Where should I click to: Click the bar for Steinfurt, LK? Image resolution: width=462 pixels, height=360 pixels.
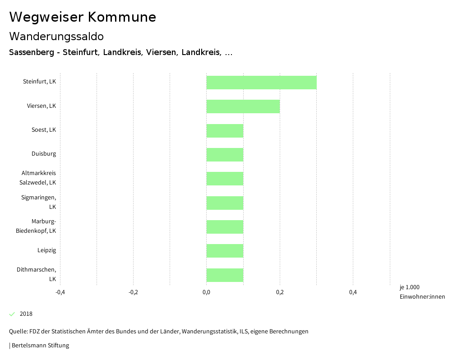(261, 83)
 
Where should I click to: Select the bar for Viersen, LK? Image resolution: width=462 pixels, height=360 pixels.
(243, 106)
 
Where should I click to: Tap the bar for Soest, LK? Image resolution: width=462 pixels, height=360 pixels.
(225, 131)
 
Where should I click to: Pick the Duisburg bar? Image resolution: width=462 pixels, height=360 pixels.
(225, 155)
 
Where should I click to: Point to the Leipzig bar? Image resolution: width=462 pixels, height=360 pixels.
(225, 251)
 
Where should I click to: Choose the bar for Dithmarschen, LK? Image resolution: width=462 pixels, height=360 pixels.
(225, 275)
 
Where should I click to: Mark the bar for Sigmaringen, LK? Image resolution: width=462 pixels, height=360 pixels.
(225, 203)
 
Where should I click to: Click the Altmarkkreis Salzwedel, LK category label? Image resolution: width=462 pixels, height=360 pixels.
(39, 178)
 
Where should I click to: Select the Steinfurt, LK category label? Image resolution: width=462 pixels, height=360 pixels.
(40, 82)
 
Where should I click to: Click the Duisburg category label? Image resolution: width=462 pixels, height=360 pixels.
(44, 154)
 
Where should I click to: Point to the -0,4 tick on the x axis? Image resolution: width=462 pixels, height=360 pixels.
(60, 292)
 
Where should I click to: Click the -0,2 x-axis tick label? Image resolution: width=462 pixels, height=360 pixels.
(133, 292)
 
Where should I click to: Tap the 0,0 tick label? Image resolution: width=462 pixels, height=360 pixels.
(206, 292)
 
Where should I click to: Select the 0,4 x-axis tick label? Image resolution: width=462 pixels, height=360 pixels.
(353, 292)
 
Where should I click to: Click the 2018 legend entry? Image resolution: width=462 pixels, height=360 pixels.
(26, 314)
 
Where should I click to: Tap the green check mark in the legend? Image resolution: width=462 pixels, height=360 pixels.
(12, 314)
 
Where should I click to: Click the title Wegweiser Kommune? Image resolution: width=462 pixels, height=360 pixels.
(83, 17)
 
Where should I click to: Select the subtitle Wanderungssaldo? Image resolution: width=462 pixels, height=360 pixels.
(56, 36)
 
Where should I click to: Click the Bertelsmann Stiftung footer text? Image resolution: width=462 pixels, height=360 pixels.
(40, 346)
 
